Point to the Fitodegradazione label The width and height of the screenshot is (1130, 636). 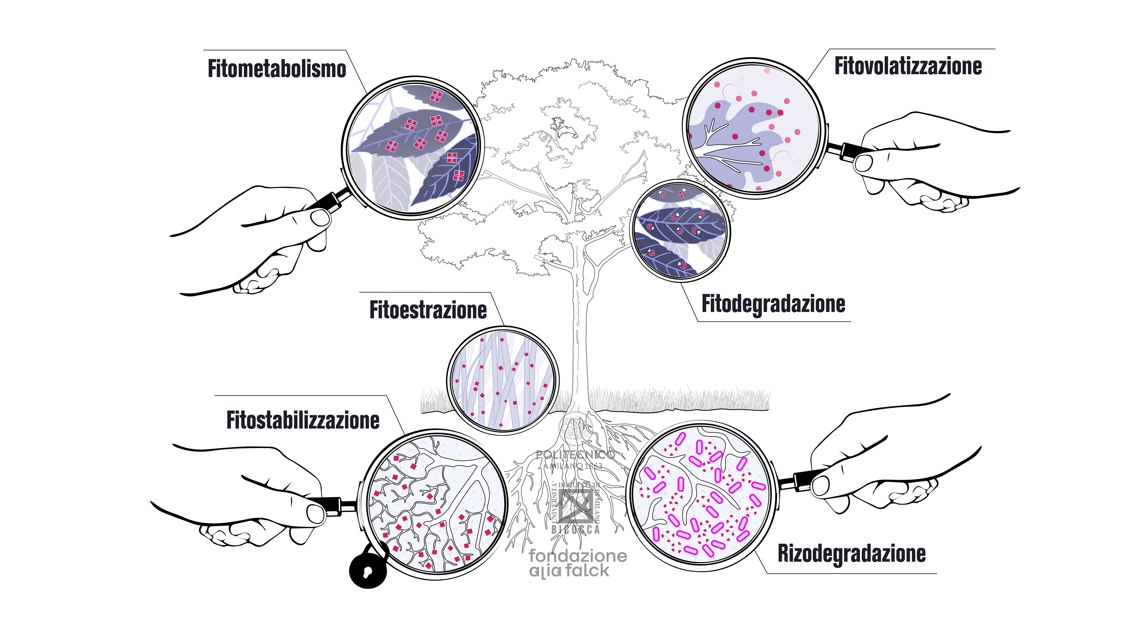(773, 304)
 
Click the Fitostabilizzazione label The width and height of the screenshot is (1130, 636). (303, 420)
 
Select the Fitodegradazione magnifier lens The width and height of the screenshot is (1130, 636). (680, 231)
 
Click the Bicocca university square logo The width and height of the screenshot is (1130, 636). (576, 504)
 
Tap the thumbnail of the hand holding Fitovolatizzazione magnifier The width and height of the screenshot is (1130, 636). (864, 164)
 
